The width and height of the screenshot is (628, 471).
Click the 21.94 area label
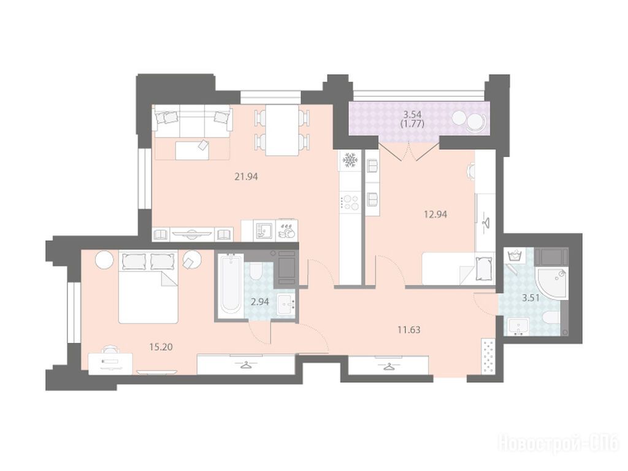click(246, 176)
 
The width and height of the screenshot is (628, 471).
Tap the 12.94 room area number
click(435, 214)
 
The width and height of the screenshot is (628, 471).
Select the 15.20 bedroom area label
click(161, 347)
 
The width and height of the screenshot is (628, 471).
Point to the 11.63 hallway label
click(408, 330)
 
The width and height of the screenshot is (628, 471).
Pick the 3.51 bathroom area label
click(530, 297)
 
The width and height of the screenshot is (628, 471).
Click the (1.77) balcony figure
click(412, 124)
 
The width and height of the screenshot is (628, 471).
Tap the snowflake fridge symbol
click(350, 161)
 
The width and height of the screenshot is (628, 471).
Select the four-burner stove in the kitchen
click(350, 202)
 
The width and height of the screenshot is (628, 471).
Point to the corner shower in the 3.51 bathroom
click(551, 282)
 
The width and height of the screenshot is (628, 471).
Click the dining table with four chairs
click(282, 130)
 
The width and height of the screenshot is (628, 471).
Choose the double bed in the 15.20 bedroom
click(148, 287)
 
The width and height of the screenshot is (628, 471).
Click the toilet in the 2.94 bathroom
click(256, 271)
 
